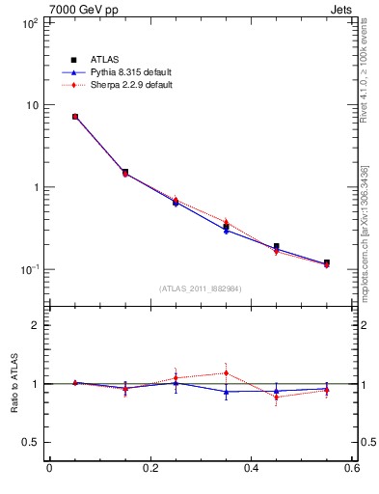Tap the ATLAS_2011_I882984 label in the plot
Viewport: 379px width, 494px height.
(201, 288)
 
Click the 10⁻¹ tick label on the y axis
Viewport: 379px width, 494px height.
(29, 269)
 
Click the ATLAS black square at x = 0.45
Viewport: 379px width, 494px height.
(276, 247)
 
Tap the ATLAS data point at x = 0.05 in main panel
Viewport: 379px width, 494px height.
(74, 117)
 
